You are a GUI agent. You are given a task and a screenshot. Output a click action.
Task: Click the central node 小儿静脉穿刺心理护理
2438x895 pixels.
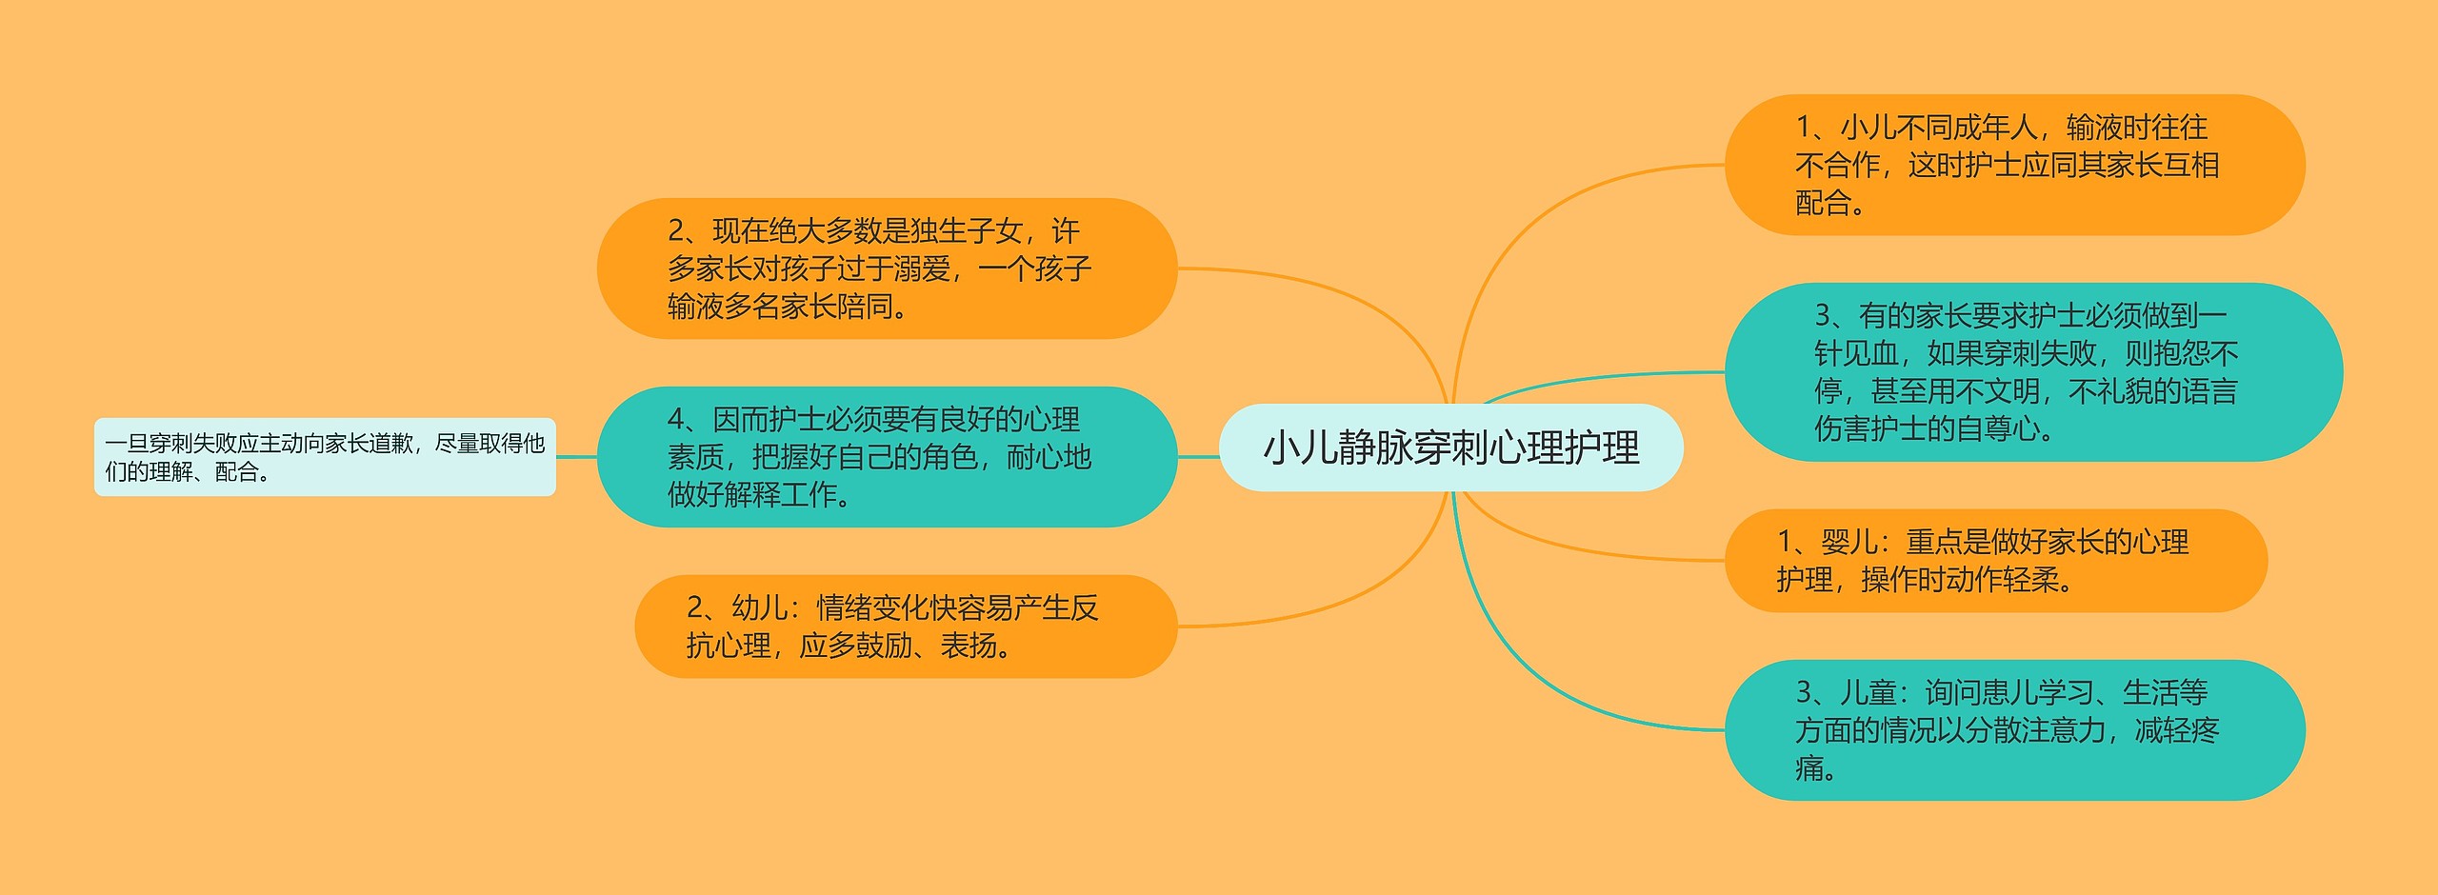1450,447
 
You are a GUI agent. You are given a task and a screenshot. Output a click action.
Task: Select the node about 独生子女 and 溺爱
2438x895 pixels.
887,268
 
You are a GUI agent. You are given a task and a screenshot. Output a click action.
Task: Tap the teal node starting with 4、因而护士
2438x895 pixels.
887,457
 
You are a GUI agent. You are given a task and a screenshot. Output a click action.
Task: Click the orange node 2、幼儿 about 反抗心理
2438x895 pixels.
905,626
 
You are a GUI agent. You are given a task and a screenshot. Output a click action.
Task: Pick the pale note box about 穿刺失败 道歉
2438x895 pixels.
324,457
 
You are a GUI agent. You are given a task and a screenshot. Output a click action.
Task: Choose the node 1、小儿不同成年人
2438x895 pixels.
2014,165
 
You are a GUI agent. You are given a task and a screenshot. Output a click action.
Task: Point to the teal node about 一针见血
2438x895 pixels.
2033,372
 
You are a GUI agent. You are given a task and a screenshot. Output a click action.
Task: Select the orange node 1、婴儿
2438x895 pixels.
1995,561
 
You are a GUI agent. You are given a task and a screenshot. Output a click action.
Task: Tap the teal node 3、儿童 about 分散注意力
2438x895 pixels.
2014,730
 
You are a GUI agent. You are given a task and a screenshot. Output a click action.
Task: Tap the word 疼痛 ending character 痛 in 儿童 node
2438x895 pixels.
1809,768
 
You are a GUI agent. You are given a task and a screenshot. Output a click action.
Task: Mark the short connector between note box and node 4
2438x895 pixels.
576,457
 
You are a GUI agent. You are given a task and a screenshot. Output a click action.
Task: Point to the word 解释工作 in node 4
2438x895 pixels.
780,495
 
